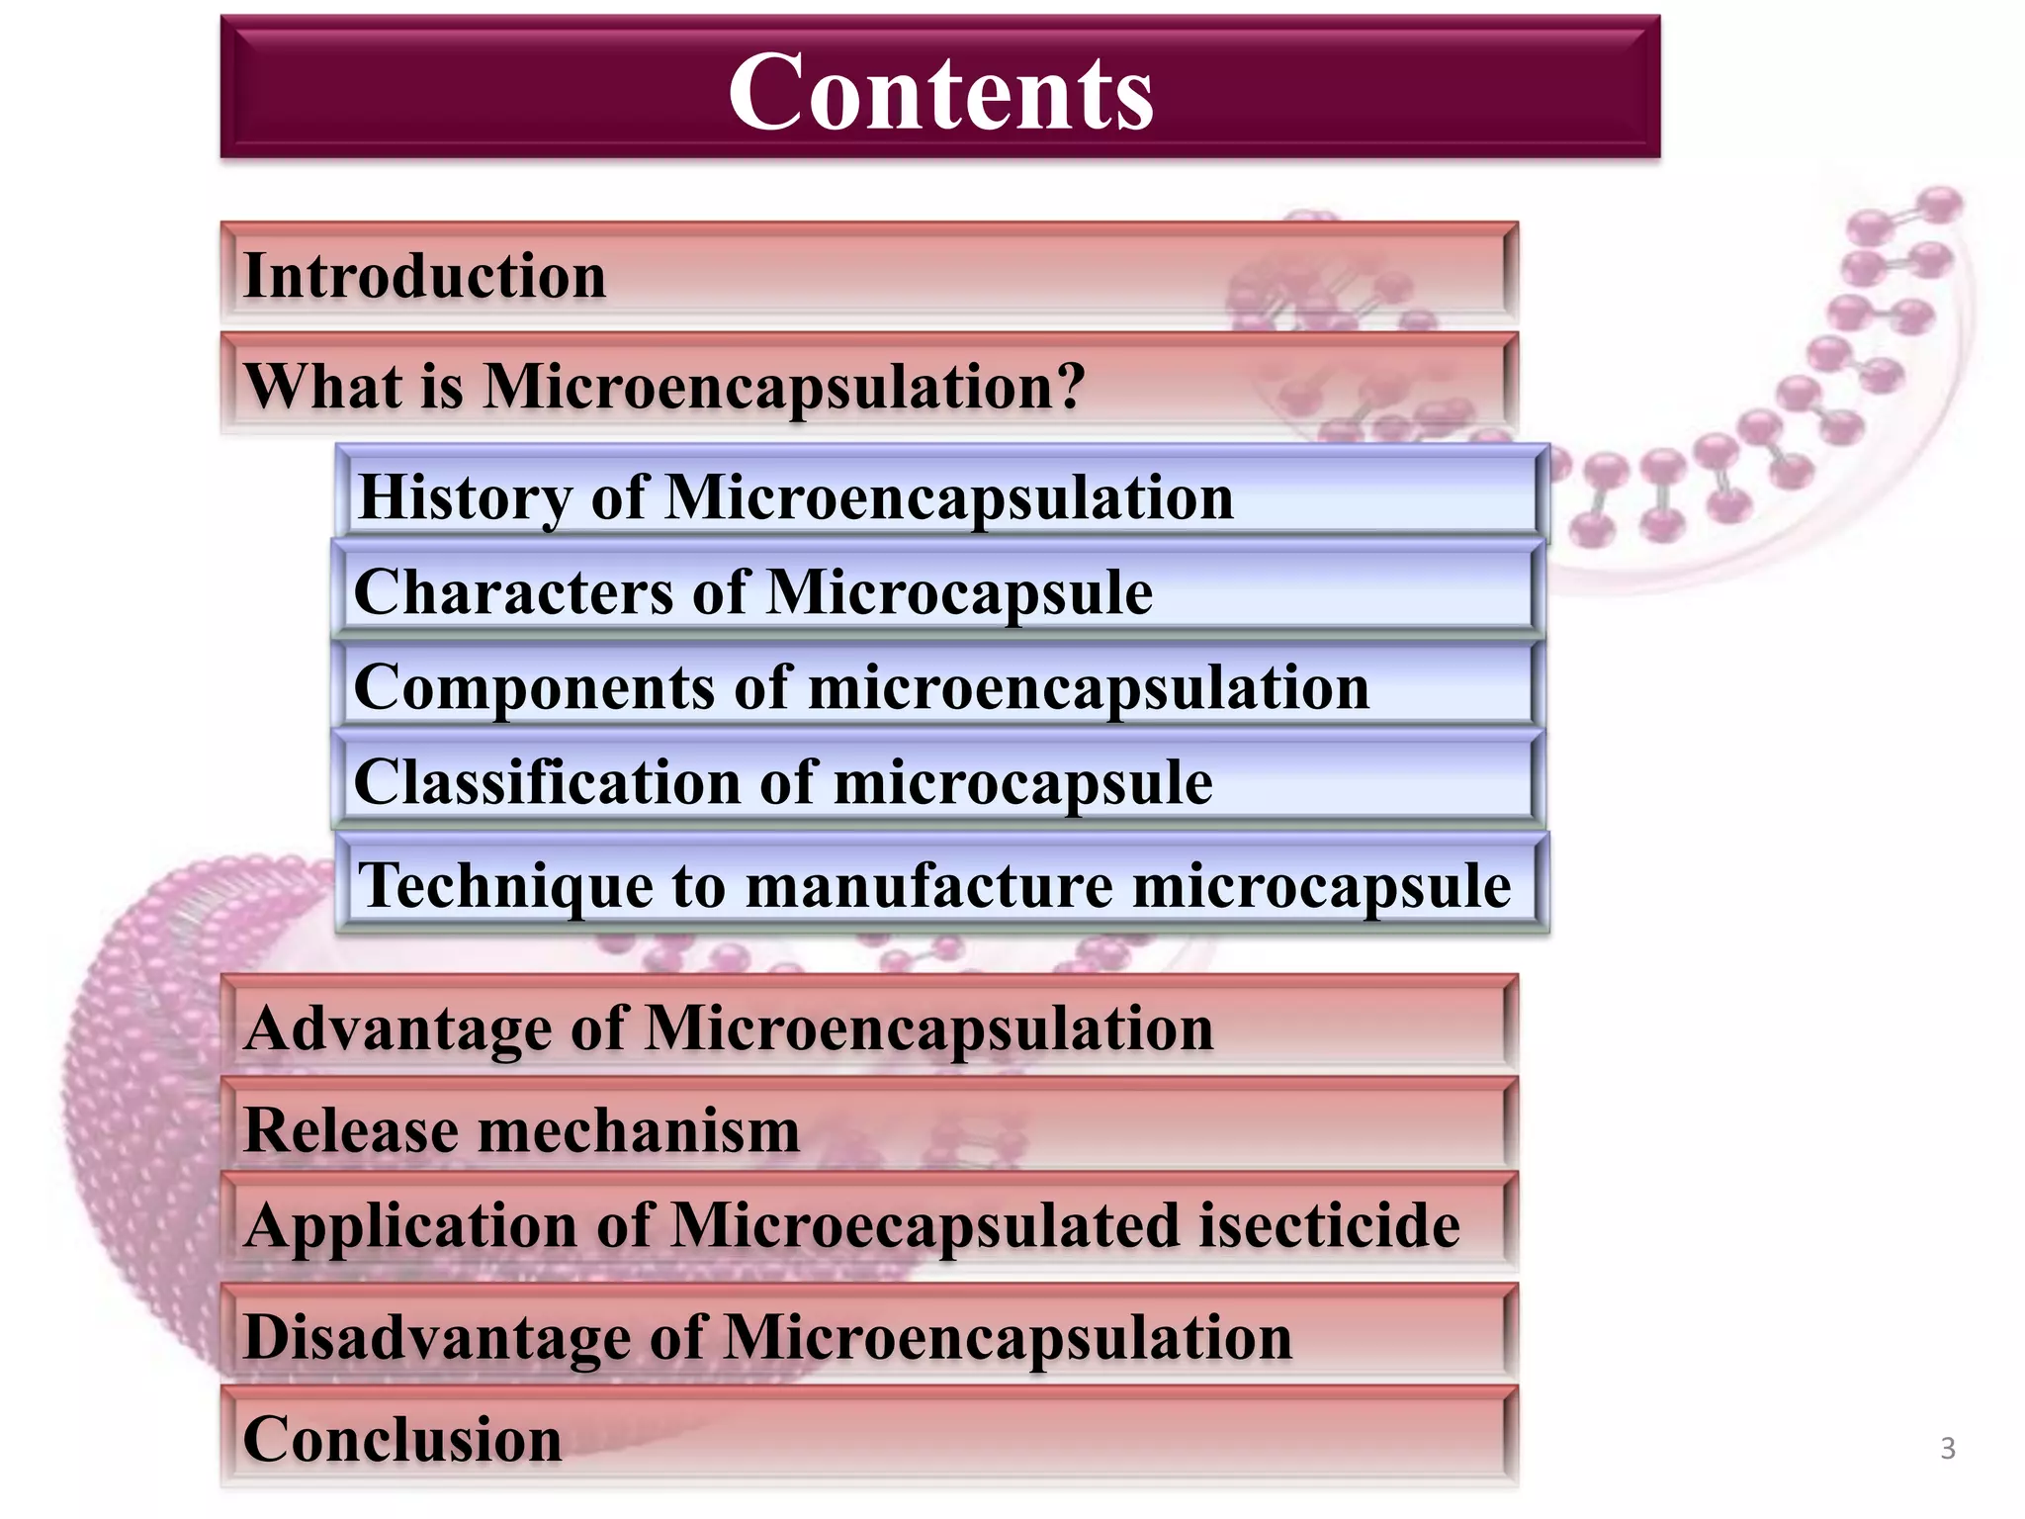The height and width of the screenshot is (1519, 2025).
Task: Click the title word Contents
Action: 940,92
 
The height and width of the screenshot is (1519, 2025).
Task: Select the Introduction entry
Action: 424,276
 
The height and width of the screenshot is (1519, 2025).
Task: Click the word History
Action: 464,497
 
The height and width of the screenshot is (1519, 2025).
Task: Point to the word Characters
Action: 512,592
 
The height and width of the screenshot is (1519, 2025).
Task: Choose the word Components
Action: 531,687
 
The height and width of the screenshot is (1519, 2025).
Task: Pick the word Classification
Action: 545,783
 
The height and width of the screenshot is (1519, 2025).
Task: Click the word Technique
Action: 503,885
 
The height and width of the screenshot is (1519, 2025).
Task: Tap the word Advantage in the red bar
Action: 396,1028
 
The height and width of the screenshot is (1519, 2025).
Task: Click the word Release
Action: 349,1130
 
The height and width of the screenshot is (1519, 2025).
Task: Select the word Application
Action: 409,1226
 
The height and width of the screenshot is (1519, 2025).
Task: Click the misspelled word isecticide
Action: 1330,1226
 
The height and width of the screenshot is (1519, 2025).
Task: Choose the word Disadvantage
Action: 435,1338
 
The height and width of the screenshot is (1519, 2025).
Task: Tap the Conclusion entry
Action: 402,1440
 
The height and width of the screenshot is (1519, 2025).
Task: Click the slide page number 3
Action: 1948,1449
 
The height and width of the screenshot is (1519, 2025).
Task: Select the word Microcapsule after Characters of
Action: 959,592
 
